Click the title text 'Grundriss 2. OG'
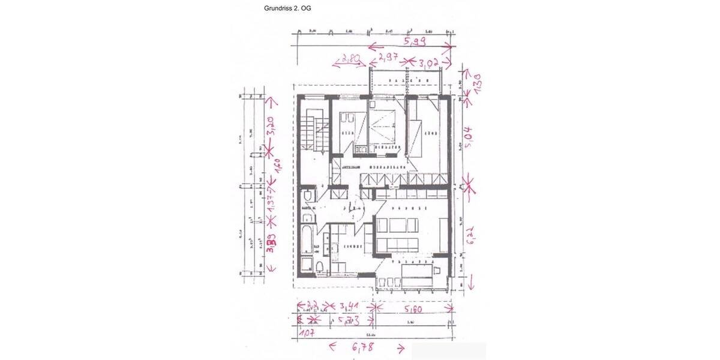(x=287, y=9)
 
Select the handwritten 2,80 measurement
(x=350, y=59)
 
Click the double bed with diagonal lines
(x=382, y=124)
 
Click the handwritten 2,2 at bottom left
(x=311, y=306)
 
